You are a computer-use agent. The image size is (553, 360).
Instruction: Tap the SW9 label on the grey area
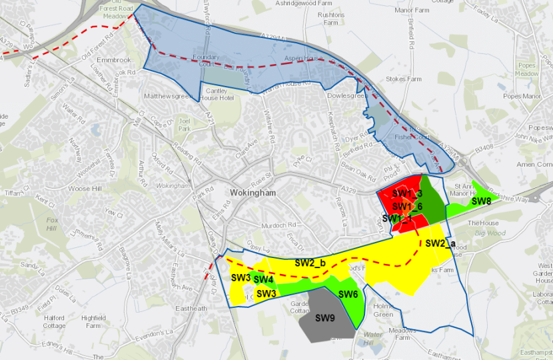pos(325,317)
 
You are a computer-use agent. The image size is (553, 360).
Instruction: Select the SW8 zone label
pos(481,201)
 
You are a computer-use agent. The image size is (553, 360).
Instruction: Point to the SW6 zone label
pos(348,295)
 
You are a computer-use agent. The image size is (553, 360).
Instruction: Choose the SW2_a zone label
pos(440,243)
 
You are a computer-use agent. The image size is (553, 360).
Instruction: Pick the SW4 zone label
pos(263,279)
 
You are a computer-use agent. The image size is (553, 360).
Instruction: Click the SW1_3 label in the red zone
pos(407,194)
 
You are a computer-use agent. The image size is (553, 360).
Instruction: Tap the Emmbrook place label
pos(113,60)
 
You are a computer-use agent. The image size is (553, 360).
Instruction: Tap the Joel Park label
pos(185,125)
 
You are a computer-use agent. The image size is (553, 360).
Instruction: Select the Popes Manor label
pos(522,96)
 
